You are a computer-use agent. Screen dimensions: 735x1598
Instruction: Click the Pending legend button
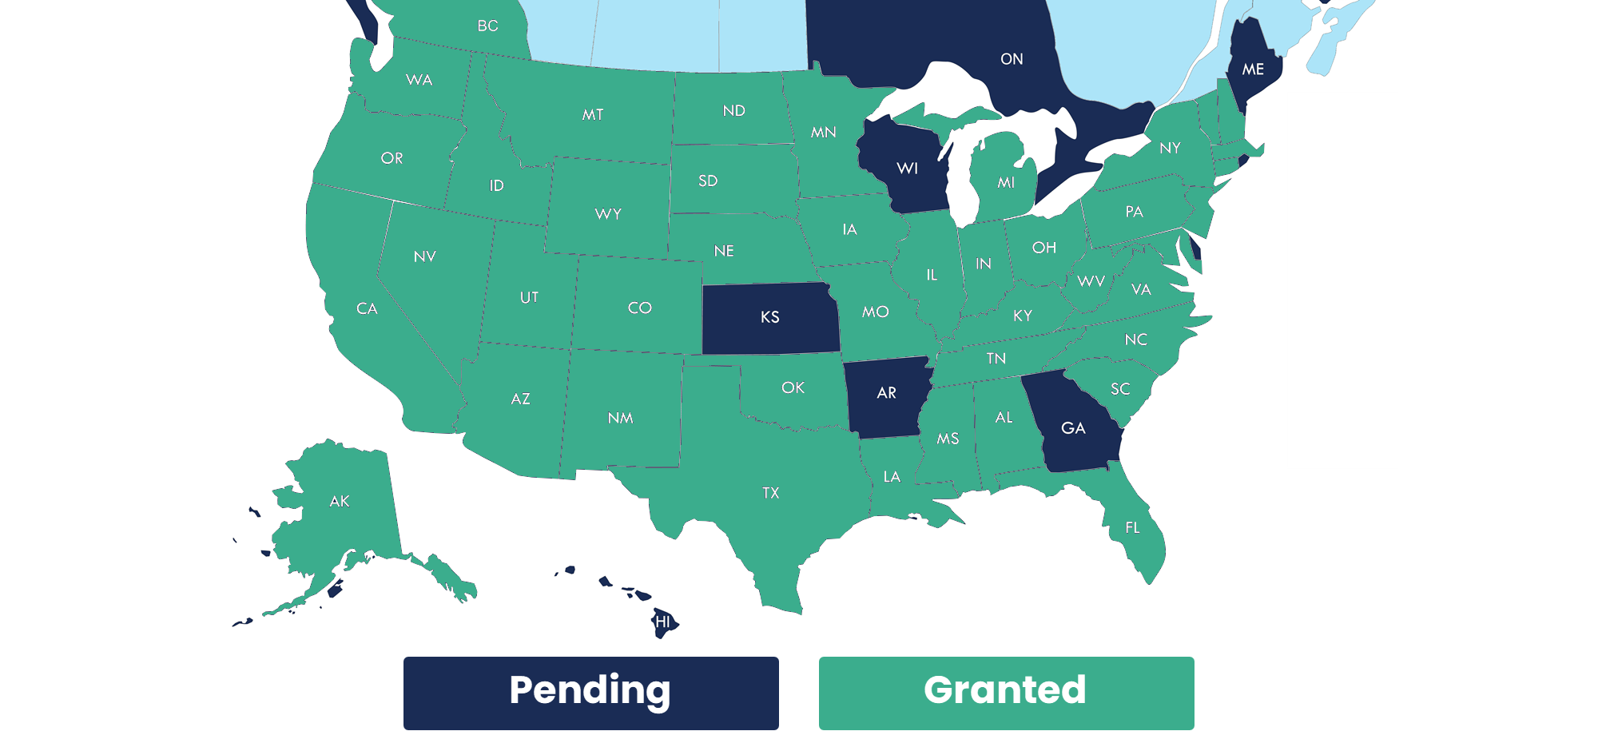point(590,692)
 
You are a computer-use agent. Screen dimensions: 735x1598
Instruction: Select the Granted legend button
point(1006,692)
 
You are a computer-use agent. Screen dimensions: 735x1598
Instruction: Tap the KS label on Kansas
point(769,317)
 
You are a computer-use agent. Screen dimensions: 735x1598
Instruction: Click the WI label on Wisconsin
point(907,169)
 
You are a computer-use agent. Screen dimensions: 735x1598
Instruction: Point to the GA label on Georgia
point(1073,428)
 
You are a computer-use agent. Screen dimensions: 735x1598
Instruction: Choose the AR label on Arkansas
point(886,393)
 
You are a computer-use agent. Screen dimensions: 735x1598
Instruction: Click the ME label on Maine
point(1253,70)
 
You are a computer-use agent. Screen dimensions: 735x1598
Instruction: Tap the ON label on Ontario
point(1012,59)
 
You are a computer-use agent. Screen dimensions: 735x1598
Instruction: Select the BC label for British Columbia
point(487,26)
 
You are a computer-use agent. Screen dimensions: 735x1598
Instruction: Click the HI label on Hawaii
point(662,622)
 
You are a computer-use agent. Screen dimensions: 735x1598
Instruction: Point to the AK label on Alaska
point(340,502)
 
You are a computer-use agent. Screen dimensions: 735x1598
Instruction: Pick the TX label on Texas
point(770,493)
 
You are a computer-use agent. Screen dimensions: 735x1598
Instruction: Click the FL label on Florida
point(1132,527)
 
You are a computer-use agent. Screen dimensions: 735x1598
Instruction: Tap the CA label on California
point(367,308)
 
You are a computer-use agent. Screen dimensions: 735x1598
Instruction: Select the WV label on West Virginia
point(1091,281)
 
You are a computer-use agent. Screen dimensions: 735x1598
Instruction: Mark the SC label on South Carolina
point(1120,389)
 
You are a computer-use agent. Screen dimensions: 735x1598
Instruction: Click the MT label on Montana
point(593,115)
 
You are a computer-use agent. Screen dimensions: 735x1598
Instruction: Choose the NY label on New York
point(1170,148)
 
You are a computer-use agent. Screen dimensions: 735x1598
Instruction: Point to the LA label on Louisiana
point(892,477)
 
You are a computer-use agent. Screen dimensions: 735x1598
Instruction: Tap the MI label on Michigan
point(1006,183)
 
